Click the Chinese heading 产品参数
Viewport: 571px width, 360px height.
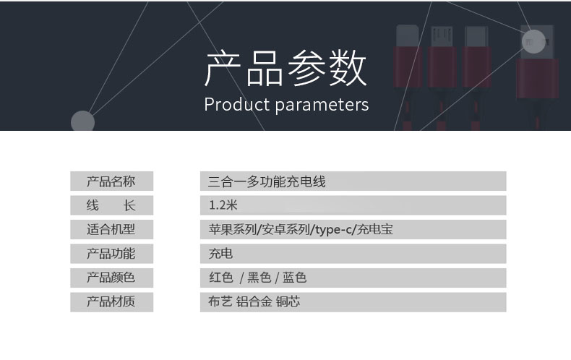point(285,69)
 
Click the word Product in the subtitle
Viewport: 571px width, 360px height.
point(236,105)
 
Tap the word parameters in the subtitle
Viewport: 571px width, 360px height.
point(322,106)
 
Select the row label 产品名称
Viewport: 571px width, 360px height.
point(111,181)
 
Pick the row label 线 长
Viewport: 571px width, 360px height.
point(111,205)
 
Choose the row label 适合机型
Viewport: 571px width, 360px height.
point(111,229)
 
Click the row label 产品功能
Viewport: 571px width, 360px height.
point(111,253)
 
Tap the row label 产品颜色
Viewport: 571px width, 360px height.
point(111,278)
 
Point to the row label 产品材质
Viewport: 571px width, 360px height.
point(111,301)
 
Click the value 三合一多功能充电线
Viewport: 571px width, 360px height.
point(267,181)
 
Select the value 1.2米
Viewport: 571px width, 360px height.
point(223,205)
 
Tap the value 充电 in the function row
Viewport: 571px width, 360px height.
point(220,253)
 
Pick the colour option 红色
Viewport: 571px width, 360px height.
point(221,278)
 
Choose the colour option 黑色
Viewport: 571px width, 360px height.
point(259,278)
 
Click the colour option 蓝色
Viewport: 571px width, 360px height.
point(294,278)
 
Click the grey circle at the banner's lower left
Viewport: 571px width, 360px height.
point(82,121)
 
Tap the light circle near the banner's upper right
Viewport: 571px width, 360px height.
point(533,41)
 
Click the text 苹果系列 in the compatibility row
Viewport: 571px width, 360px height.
point(233,229)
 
